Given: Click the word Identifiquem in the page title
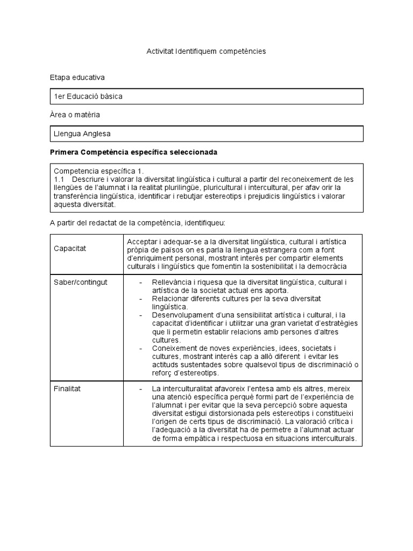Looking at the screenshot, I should tap(198, 52).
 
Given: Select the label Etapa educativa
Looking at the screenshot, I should tap(77, 78).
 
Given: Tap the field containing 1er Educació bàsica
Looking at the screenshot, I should tap(206, 96).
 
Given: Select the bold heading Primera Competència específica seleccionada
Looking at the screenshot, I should tap(133, 152).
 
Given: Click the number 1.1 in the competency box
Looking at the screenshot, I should tap(59, 179).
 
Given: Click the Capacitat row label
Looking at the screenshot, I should tap(70, 249).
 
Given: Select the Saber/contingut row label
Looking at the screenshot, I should tap(81, 282).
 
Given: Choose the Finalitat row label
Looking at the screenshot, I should tap(67, 388).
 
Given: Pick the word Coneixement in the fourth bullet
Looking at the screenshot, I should tap(174, 348).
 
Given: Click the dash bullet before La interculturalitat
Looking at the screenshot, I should tap(140, 388).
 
